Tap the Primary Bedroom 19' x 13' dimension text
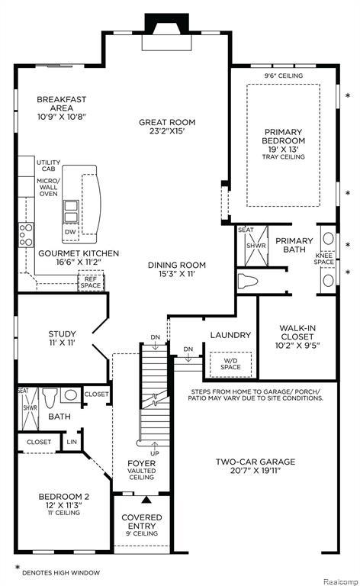284,149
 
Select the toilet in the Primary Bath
248,281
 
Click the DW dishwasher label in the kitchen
70,232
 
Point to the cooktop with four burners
26,235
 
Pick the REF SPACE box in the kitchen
90,282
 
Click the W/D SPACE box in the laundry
230,364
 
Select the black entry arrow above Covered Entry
146,499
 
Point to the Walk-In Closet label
297,336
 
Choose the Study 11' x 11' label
62,338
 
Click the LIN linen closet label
72,442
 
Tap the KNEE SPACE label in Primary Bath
324,259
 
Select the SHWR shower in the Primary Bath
256,246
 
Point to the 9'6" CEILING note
284,76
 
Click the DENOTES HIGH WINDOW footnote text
61,572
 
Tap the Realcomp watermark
340,581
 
